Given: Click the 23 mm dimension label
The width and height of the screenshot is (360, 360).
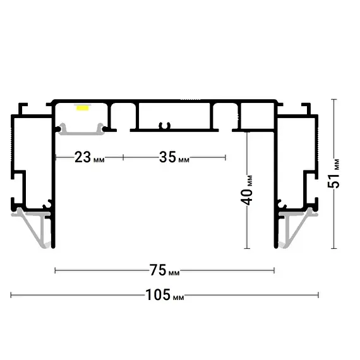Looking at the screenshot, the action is [90, 157].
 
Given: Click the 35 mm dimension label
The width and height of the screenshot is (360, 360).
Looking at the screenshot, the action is [174, 157].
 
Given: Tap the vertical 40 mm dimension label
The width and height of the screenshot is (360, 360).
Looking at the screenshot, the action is [246, 190].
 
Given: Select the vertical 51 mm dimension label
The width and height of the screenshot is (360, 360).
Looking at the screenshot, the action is [333, 174].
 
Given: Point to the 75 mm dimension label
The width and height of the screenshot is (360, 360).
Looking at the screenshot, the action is [164, 270].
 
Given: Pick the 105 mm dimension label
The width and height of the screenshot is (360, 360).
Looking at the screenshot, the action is [165, 295].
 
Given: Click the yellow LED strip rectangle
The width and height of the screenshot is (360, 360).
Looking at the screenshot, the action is [83, 108].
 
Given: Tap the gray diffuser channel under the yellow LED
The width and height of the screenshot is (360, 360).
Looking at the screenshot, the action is [81, 130].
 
